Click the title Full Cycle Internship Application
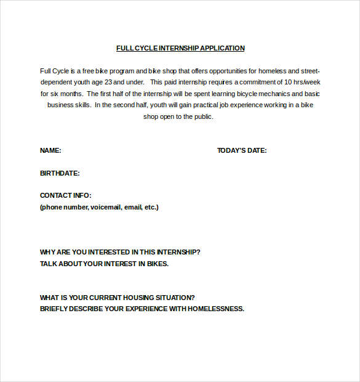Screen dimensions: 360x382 pos(180,48)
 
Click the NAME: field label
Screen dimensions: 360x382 pos(50,150)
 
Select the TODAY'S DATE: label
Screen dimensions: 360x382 pos(242,150)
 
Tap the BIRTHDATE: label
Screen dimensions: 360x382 pos(60,173)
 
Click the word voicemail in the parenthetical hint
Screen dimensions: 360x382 pos(106,207)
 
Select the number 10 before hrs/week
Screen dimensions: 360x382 pos(288,82)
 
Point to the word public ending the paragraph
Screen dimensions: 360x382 pos(202,116)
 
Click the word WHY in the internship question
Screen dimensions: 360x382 pos(47,252)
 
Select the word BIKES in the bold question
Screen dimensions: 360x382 pos(157,264)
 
